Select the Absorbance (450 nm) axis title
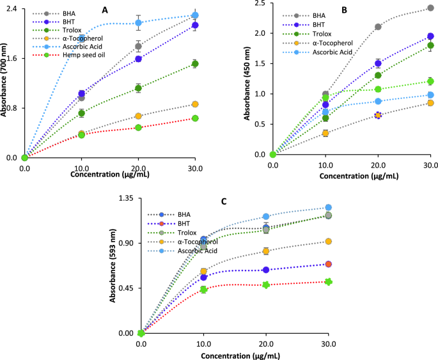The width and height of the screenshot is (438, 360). [248, 81]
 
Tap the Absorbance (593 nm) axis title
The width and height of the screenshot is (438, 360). [113, 266]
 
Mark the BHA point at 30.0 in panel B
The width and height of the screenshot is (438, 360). [430, 8]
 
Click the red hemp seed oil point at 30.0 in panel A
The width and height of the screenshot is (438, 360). [194, 118]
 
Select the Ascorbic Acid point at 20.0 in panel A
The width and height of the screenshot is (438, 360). [138, 23]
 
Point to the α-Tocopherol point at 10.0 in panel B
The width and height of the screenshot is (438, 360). [325, 133]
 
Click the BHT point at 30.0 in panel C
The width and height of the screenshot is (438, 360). [328, 264]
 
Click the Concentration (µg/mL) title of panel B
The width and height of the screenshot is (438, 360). [352, 174]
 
